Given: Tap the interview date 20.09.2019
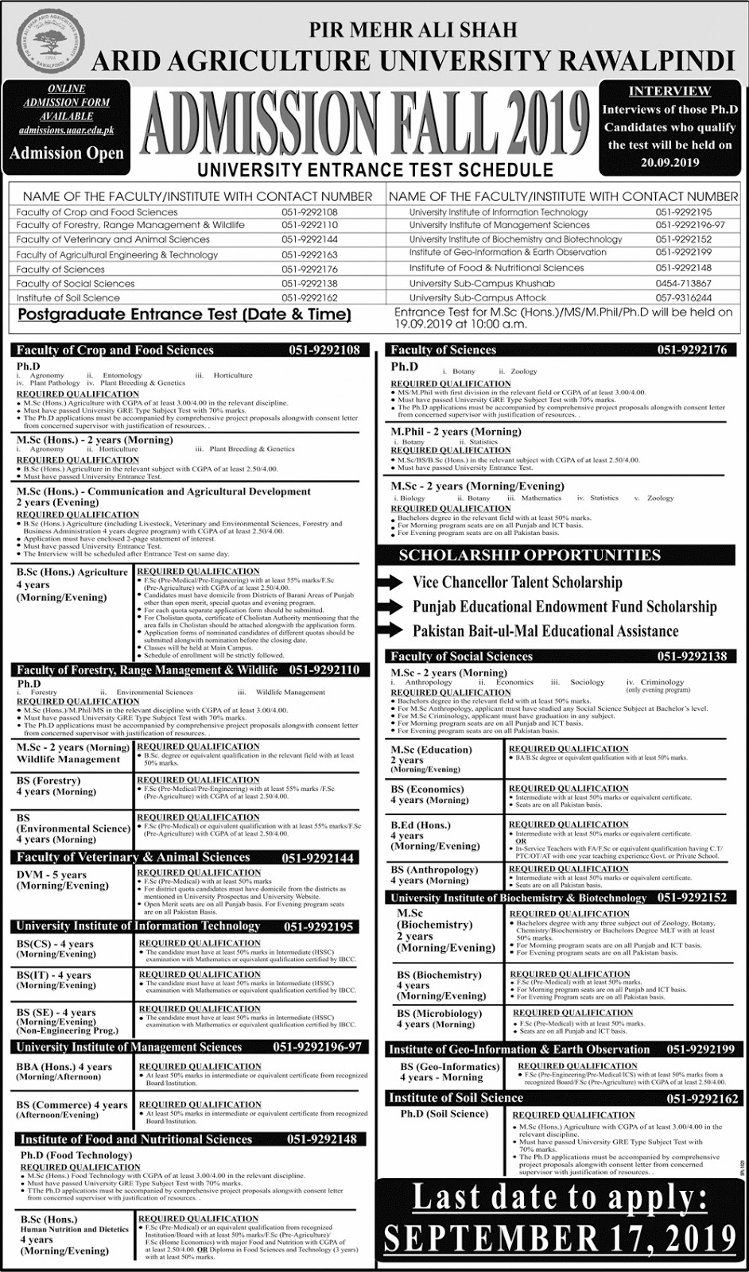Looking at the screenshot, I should tap(669, 163).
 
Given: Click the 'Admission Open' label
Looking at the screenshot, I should tap(66, 153).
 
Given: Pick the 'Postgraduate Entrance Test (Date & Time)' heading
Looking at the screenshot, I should tap(184, 315).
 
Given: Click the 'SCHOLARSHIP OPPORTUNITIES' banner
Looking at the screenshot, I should tap(530, 555).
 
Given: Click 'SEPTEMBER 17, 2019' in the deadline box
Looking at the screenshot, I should tap(560, 1239).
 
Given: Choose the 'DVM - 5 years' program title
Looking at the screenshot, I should tap(52, 874).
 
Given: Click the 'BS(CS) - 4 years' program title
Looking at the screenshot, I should tap(54, 944).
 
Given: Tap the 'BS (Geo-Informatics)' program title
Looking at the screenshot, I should tap(449, 1066).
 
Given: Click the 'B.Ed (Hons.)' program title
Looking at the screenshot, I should tap(421, 825).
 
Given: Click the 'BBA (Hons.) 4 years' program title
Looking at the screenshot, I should tap(64, 1067).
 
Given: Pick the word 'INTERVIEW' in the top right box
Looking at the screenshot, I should tap(669, 91).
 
